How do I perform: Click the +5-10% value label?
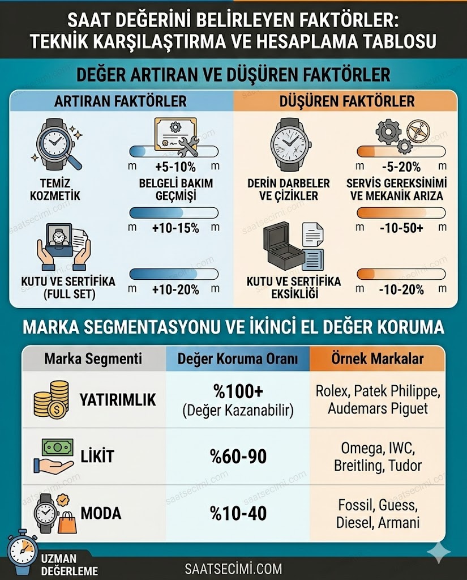[x=175, y=167]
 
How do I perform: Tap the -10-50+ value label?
[x=401, y=229]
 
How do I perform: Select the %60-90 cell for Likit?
[x=238, y=457]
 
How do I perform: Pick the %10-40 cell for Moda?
[x=238, y=513]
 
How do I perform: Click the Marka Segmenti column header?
[x=93, y=359]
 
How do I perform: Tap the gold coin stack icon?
[x=51, y=399]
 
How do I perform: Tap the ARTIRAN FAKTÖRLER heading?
[x=121, y=101]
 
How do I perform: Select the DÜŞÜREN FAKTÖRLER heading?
[x=347, y=101]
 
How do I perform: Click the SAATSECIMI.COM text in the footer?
[x=233, y=568]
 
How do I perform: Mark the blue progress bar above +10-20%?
[x=174, y=274]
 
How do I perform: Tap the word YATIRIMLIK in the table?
[x=118, y=400]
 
